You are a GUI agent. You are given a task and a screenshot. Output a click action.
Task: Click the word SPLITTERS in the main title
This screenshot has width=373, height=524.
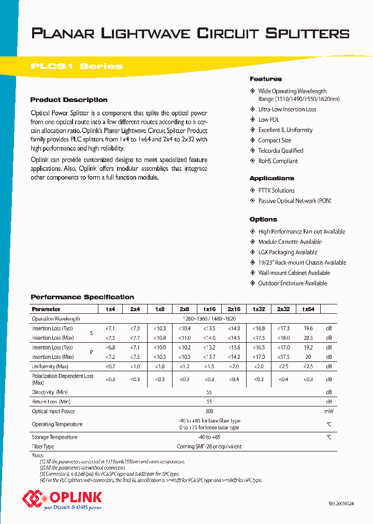point(307,34)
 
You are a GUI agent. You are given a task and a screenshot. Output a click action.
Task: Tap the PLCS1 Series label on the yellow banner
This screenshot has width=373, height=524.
point(77,66)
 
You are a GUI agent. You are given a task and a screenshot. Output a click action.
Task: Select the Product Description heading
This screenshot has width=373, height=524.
point(69,100)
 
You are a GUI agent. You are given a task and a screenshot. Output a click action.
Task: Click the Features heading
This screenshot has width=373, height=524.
point(266,79)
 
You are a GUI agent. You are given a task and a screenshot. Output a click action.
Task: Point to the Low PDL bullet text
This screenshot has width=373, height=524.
point(269,120)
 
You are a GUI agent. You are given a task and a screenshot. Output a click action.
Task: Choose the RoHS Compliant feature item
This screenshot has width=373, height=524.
point(278,161)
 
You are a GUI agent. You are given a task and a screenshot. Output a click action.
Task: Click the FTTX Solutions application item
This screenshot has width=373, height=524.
point(276,191)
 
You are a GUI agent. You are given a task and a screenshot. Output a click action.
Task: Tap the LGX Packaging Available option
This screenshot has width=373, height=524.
point(288,252)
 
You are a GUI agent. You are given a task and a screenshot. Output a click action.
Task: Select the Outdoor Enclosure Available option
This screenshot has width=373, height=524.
point(292,283)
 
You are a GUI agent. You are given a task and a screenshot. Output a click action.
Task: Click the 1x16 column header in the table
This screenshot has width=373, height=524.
point(209,309)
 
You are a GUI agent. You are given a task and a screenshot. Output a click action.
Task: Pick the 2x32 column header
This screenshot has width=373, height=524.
point(283,309)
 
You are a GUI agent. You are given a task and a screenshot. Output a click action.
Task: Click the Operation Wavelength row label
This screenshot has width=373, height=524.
point(56,319)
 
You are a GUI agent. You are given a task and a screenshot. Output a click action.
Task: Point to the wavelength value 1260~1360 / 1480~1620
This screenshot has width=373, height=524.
point(209,319)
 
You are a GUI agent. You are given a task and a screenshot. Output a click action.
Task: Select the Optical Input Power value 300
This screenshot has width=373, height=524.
point(209,412)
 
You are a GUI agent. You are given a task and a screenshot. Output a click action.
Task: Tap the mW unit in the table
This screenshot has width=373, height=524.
point(328,412)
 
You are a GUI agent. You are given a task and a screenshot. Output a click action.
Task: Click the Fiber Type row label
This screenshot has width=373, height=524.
point(43,446)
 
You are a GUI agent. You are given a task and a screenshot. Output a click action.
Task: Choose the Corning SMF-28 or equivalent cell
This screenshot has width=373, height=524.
point(209,446)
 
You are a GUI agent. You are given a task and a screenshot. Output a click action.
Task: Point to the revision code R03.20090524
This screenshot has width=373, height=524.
point(341,504)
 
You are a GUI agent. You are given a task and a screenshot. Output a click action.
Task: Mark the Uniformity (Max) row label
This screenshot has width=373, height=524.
point(50,367)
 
